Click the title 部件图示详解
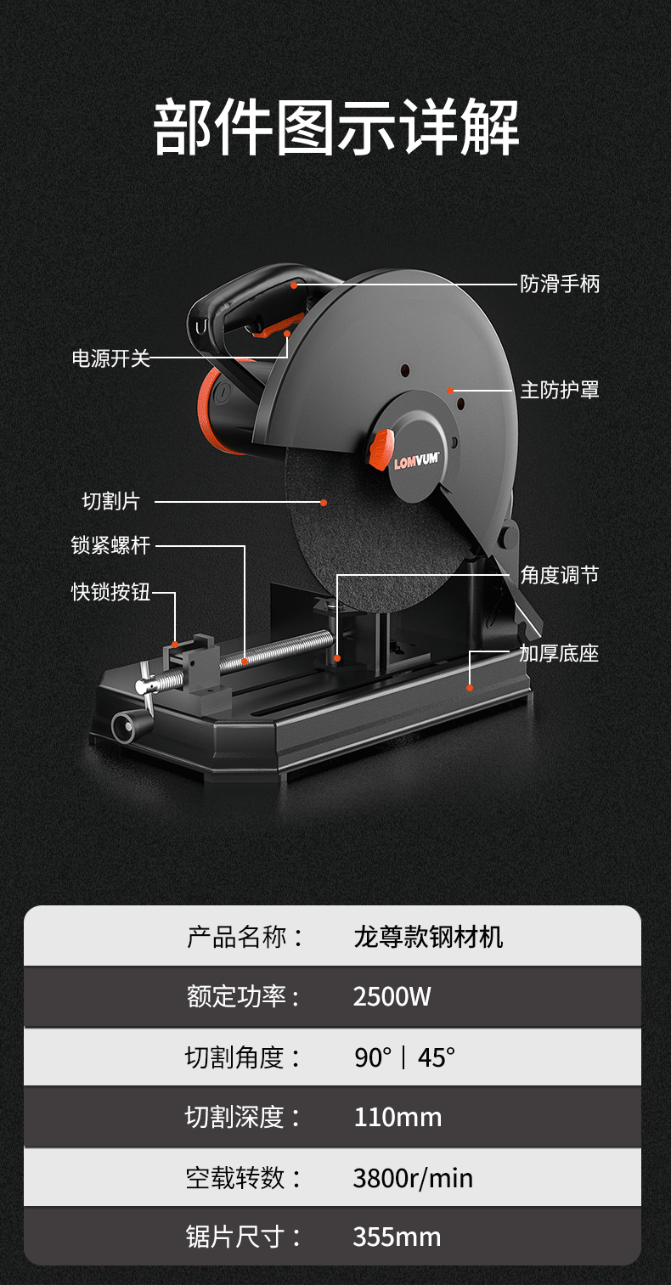click(335, 127)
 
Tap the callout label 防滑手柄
click(559, 284)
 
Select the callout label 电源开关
click(110, 358)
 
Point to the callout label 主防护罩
click(559, 390)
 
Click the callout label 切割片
click(110, 501)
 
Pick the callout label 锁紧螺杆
click(110, 545)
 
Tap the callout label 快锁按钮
click(110, 592)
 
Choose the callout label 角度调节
click(559, 575)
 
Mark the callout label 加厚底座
click(559, 653)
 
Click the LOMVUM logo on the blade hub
click(416, 463)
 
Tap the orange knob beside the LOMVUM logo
click(381, 448)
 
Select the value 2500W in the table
click(392, 996)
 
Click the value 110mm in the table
click(398, 1117)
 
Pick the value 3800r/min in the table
click(413, 1178)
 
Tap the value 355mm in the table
click(397, 1237)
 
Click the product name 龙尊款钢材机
click(428, 937)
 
